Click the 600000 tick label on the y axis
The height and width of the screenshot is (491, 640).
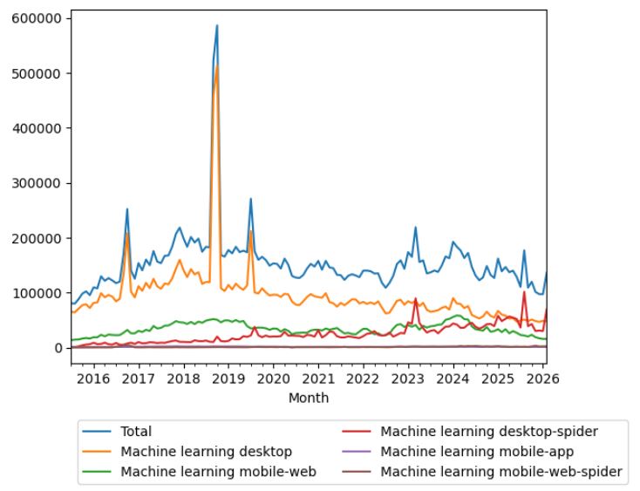(x=37, y=18)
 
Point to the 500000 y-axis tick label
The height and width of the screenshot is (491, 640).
(x=37, y=73)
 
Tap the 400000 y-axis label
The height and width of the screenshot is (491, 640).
(x=37, y=128)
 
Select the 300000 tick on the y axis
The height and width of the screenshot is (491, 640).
(x=37, y=183)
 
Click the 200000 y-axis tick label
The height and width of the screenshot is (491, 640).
(x=37, y=238)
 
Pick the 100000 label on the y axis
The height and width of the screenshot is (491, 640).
(x=37, y=293)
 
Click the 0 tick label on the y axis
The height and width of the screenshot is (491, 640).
(x=58, y=348)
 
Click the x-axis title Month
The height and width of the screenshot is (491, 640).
(x=309, y=398)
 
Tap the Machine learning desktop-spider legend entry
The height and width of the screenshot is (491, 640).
(x=489, y=431)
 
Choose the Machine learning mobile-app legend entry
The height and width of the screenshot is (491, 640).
(x=483, y=451)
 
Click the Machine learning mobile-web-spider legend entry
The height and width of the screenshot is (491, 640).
(x=501, y=472)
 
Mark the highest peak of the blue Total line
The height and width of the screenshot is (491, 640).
(x=217, y=25)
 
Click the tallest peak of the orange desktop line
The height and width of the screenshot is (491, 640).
(x=217, y=66)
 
